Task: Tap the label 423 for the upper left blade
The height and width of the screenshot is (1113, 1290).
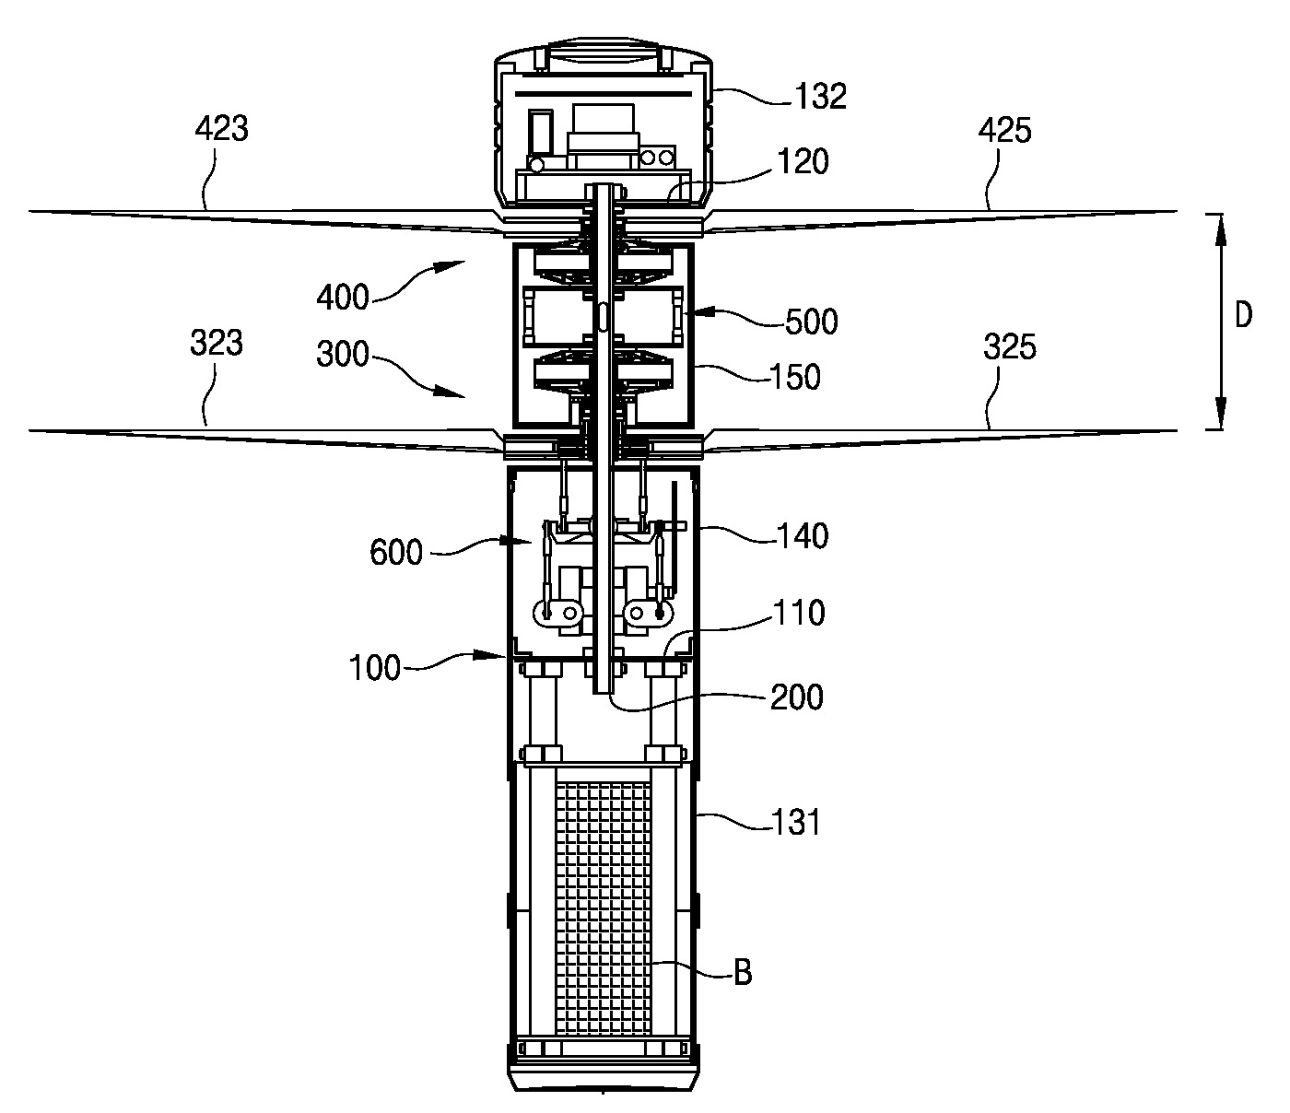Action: pos(221,129)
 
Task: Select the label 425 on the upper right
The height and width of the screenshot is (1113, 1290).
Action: pos(1004,131)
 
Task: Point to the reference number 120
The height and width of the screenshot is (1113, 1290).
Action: pos(803,161)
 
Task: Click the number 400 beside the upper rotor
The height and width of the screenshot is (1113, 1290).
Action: pos(343,297)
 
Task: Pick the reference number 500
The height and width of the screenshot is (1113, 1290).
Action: pos(811,322)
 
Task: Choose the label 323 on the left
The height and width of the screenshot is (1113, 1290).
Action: pos(216,344)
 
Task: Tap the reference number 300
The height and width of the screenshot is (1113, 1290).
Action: pos(343,354)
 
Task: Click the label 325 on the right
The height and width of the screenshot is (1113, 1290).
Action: pos(1009,346)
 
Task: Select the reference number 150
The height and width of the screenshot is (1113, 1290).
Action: pos(794,377)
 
